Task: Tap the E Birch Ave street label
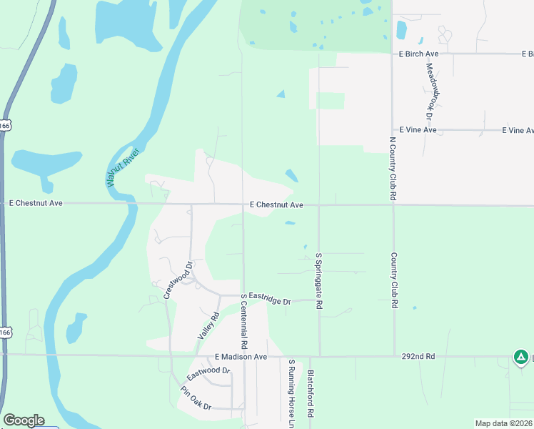coord(418,54)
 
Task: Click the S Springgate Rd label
coord(319,280)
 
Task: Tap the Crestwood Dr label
coord(178,280)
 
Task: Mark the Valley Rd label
coord(207,326)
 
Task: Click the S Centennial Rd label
coord(243,316)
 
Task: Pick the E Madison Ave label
coord(241,357)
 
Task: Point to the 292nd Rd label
coord(418,355)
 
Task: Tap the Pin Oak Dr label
coord(196,398)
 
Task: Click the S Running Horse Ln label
coord(291,394)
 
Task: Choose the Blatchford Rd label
coord(311,394)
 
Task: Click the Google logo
coord(24,420)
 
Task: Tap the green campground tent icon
coord(521,357)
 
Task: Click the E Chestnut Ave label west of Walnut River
coord(36,203)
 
